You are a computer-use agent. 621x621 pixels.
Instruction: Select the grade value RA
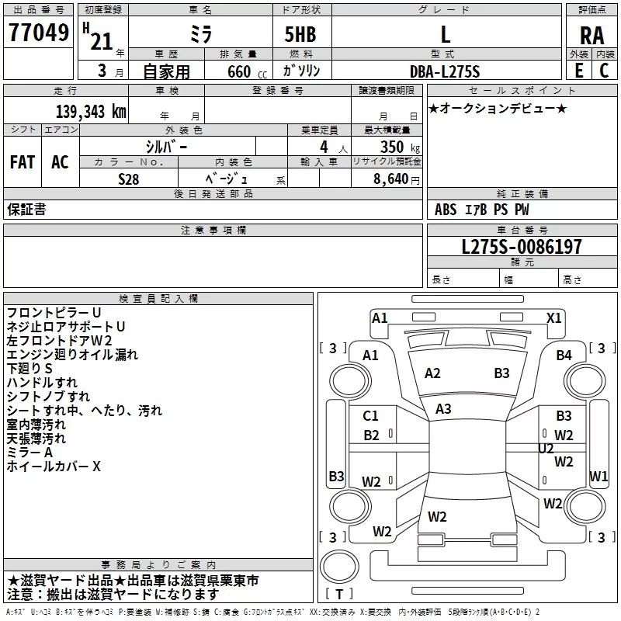pyautogui.click(x=592, y=35)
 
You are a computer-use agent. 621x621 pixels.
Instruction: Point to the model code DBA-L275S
pyautogui.click(x=445, y=71)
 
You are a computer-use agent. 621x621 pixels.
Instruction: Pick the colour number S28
pyautogui.click(x=129, y=178)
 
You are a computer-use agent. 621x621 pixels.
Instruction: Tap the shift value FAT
pyautogui.click(x=22, y=161)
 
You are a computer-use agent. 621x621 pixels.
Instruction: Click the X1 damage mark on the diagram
pyautogui.click(x=553, y=317)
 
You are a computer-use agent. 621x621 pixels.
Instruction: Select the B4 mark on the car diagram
pyautogui.click(x=564, y=356)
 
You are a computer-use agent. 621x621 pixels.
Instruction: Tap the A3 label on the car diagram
pyautogui.click(x=443, y=408)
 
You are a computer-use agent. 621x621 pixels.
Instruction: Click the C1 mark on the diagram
pyautogui.click(x=371, y=416)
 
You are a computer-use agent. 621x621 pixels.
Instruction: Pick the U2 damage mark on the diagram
pyautogui.click(x=546, y=448)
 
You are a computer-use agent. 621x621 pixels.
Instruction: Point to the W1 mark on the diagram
pyautogui.click(x=598, y=476)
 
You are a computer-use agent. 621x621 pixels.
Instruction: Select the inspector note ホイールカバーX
pyautogui.click(x=54, y=467)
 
